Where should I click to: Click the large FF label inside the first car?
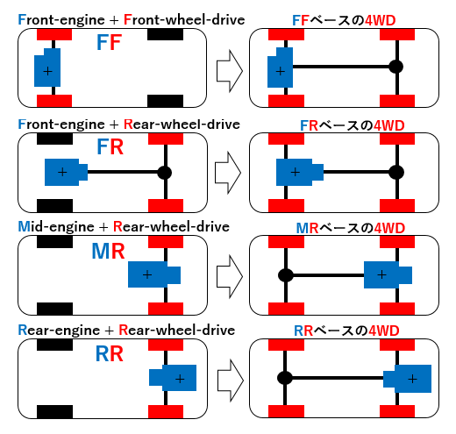pos(109,43)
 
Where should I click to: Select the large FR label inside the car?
pos(110,146)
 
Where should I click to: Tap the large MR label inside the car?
pos(108,251)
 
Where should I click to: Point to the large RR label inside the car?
pos(110,354)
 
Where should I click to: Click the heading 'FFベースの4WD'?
pos(344,20)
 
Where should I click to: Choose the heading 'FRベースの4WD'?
pos(353,125)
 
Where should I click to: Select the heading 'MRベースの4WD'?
pos(351,228)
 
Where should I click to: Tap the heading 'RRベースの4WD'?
pos(346,331)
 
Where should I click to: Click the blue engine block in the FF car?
pos(47,68)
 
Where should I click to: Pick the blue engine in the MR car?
pos(154,274)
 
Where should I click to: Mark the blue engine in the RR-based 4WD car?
pos(408,379)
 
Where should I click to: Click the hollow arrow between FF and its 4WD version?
pos(230,71)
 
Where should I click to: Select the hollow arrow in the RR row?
pos(231,381)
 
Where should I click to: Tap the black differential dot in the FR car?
pos(164,173)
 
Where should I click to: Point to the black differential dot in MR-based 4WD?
pos(286,275)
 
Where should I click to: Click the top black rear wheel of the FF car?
pos(165,34)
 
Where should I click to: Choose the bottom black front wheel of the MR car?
pos(54,309)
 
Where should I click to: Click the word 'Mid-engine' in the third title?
pos(56,227)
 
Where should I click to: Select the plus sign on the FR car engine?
pos(62,172)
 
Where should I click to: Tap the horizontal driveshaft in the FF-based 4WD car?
pos(341,67)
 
